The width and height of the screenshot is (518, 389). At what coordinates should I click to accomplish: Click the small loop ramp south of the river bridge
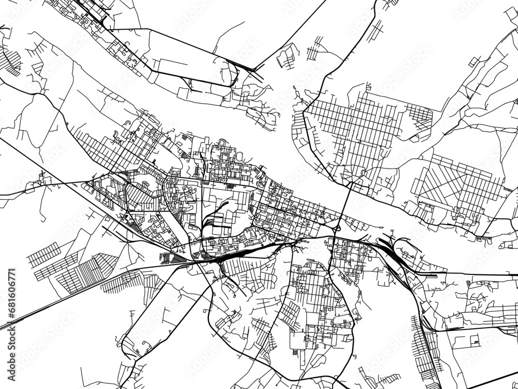(338, 228)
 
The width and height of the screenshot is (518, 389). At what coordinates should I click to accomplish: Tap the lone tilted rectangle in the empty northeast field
(473, 63)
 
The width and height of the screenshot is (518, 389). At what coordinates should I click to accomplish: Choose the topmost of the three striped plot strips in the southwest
(44, 254)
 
